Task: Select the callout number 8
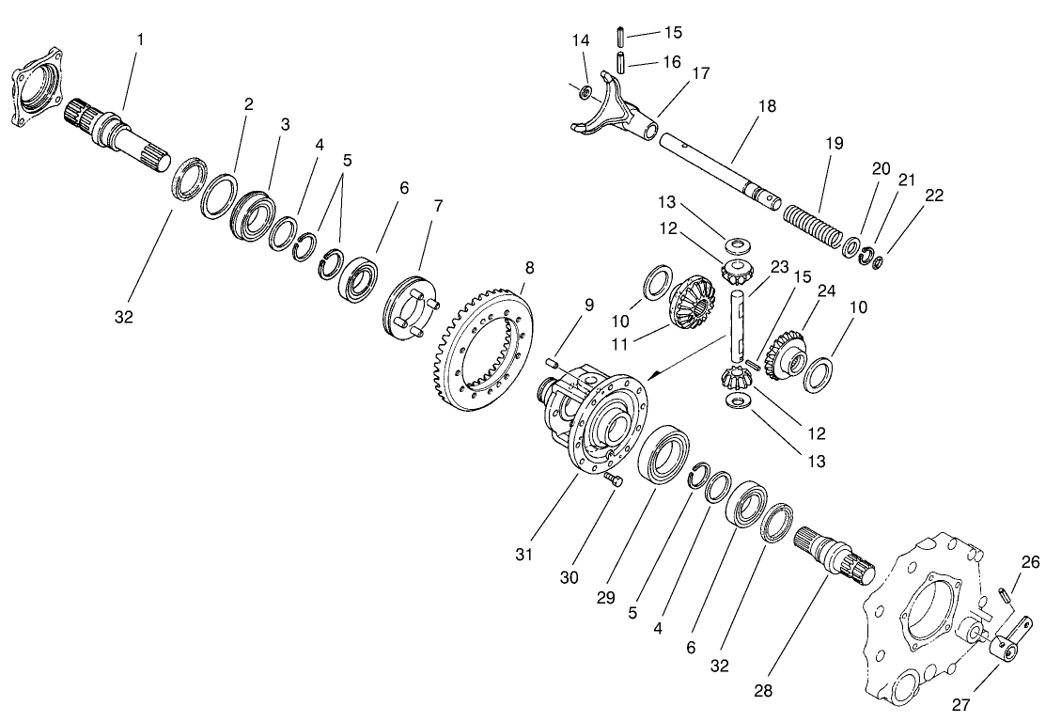click(529, 268)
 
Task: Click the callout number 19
click(835, 144)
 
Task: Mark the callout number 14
click(581, 40)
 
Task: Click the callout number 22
click(933, 196)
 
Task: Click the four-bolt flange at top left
click(32, 89)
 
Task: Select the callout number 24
click(826, 292)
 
